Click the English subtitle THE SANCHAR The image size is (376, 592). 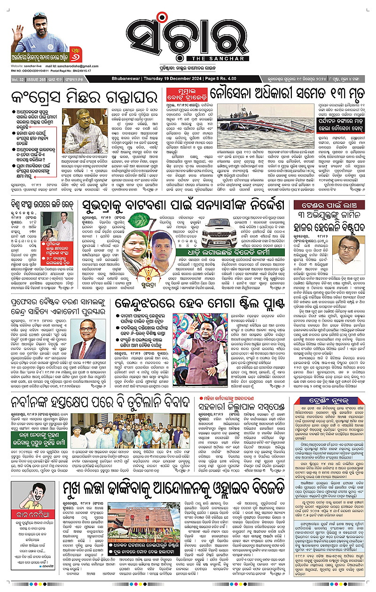pyautogui.click(x=188, y=58)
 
